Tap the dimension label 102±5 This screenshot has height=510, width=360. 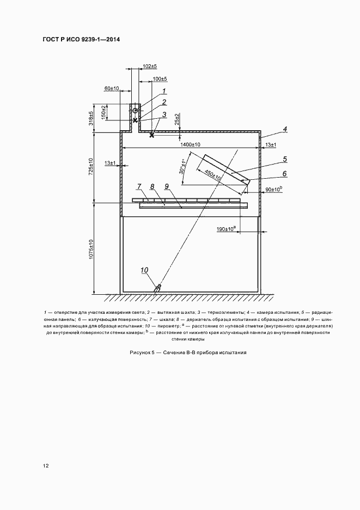(x=149, y=66)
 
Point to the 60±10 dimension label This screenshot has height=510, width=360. (x=112, y=88)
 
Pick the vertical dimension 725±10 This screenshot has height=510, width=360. (x=92, y=166)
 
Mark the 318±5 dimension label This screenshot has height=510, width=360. (x=92, y=118)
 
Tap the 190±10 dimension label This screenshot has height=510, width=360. (x=224, y=229)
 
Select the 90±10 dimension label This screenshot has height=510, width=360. (x=273, y=189)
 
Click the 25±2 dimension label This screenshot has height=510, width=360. (x=178, y=119)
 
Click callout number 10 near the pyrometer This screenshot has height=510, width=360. (x=144, y=270)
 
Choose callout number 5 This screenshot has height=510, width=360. (x=284, y=159)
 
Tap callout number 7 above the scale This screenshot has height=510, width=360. (x=139, y=187)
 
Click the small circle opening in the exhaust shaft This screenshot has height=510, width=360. (x=135, y=111)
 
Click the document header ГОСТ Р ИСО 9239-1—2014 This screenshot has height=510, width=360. (x=81, y=40)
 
